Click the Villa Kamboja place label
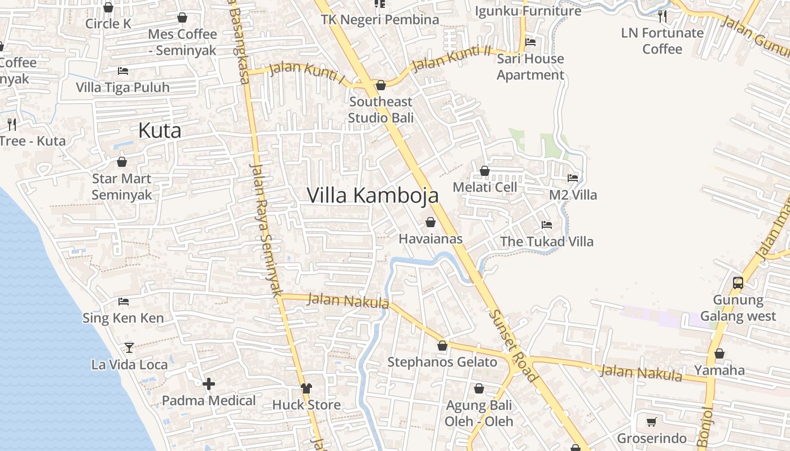(x=372, y=195)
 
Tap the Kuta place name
(x=160, y=131)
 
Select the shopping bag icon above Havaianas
(x=431, y=222)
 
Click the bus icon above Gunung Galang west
(x=738, y=283)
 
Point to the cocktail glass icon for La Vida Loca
(x=129, y=348)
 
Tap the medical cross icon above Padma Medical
(x=209, y=384)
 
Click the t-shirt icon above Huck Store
(x=306, y=388)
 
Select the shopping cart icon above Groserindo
(x=651, y=422)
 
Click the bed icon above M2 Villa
(x=573, y=178)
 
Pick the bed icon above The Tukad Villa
(x=547, y=225)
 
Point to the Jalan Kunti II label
(x=451, y=59)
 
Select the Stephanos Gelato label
(x=442, y=362)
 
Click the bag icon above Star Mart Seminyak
(x=122, y=162)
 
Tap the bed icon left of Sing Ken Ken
(x=124, y=302)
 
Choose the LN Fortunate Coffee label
(x=662, y=41)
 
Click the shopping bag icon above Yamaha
(x=719, y=354)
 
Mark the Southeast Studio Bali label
(x=381, y=109)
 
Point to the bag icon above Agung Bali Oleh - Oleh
(x=479, y=388)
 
